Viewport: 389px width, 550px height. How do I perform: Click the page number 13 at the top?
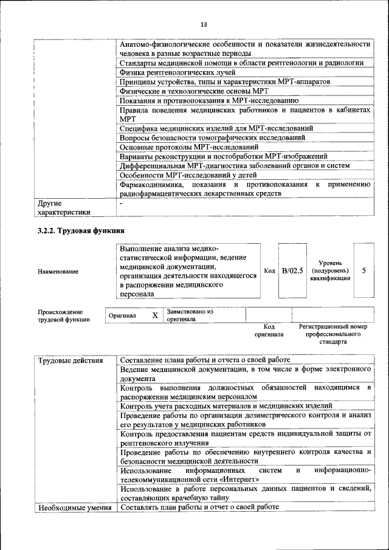(x=203, y=24)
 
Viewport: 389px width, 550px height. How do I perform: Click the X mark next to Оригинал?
(x=154, y=315)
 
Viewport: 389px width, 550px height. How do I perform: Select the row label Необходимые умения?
(x=75, y=507)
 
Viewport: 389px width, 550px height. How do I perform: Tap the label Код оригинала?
(x=269, y=331)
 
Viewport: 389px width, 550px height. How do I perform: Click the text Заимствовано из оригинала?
(x=190, y=315)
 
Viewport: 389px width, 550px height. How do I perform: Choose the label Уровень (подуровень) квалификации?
(x=330, y=270)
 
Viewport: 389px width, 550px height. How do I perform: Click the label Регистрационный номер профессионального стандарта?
(x=333, y=334)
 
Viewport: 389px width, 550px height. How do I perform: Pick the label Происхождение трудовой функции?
(x=60, y=315)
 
